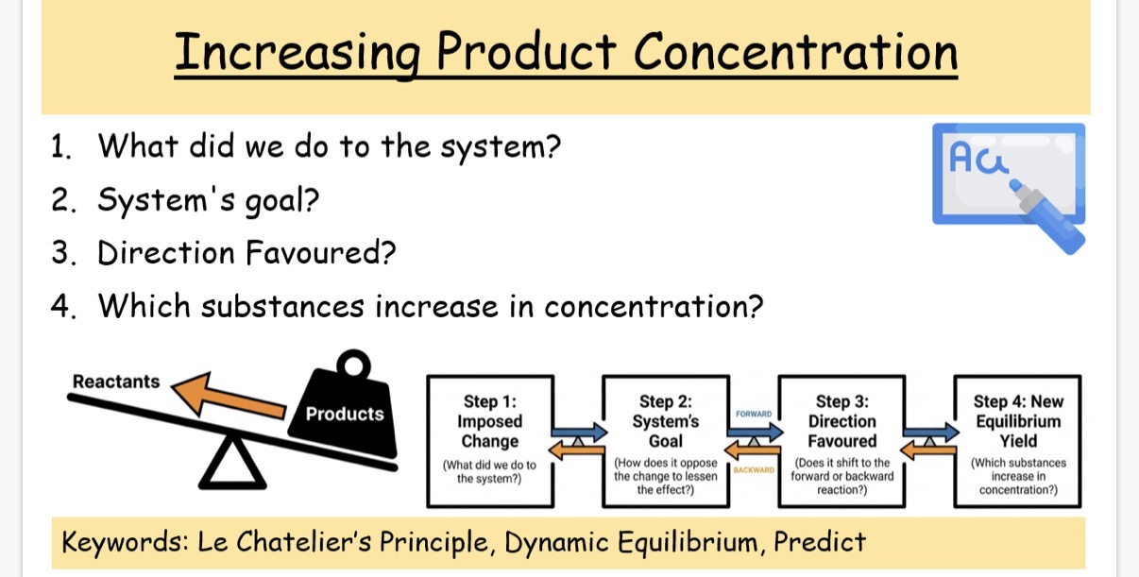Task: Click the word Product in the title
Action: coord(526,51)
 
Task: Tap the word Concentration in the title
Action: coord(796,51)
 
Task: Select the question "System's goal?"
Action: coord(209,200)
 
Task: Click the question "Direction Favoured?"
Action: coord(246,252)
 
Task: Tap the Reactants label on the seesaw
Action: coord(116,382)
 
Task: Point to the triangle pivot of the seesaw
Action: coord(232,464)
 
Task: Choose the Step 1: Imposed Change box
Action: coord(490,441)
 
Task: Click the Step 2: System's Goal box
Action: coord(666,441)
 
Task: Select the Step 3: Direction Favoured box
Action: coord(841,441)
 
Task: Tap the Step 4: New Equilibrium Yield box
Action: coord(1017,441)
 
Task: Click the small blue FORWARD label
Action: coord(754,414)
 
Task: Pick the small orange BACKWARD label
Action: coord(754,469)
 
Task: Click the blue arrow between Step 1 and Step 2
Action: coord(580,433)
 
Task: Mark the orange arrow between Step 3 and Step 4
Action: coord(928,450)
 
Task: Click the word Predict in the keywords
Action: coord(820,542)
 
